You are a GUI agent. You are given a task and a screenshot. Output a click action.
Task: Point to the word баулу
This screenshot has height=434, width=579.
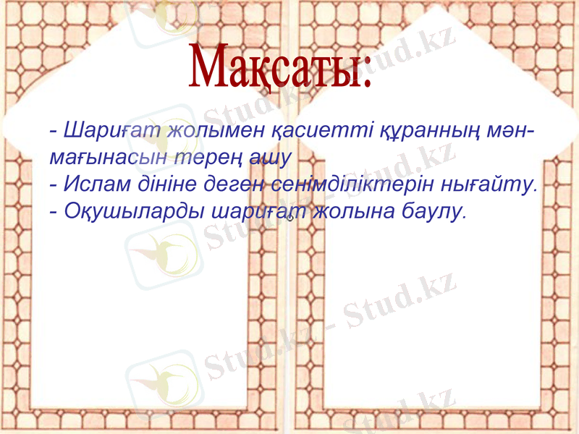433,211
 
